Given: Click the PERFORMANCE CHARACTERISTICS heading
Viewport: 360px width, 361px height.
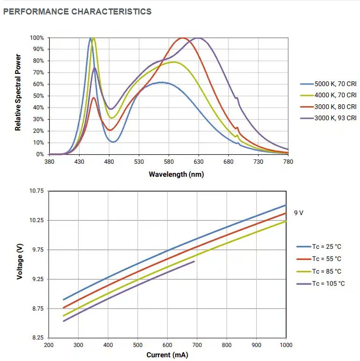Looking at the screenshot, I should point(77,11).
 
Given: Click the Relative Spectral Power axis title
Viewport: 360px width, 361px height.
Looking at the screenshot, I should point(18,93).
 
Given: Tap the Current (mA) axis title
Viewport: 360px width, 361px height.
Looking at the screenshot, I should point(167,355).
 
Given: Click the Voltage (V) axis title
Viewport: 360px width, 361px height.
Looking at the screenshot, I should point(20,264).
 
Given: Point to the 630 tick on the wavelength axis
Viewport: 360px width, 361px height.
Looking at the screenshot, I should point(199,162).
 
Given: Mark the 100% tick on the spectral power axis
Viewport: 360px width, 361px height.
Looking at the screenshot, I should point(37,38).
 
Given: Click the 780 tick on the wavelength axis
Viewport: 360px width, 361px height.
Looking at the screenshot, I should point(288,162).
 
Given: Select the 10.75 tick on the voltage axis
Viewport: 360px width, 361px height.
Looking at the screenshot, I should point(36,191).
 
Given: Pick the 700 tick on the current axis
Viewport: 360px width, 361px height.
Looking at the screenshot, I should point(197,345).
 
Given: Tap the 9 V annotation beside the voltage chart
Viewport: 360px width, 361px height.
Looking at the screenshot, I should point(299,213).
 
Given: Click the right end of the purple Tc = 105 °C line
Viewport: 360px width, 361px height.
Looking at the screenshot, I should point(194,261).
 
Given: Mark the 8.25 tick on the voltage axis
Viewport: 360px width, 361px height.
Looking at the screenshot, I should point(37,338).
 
